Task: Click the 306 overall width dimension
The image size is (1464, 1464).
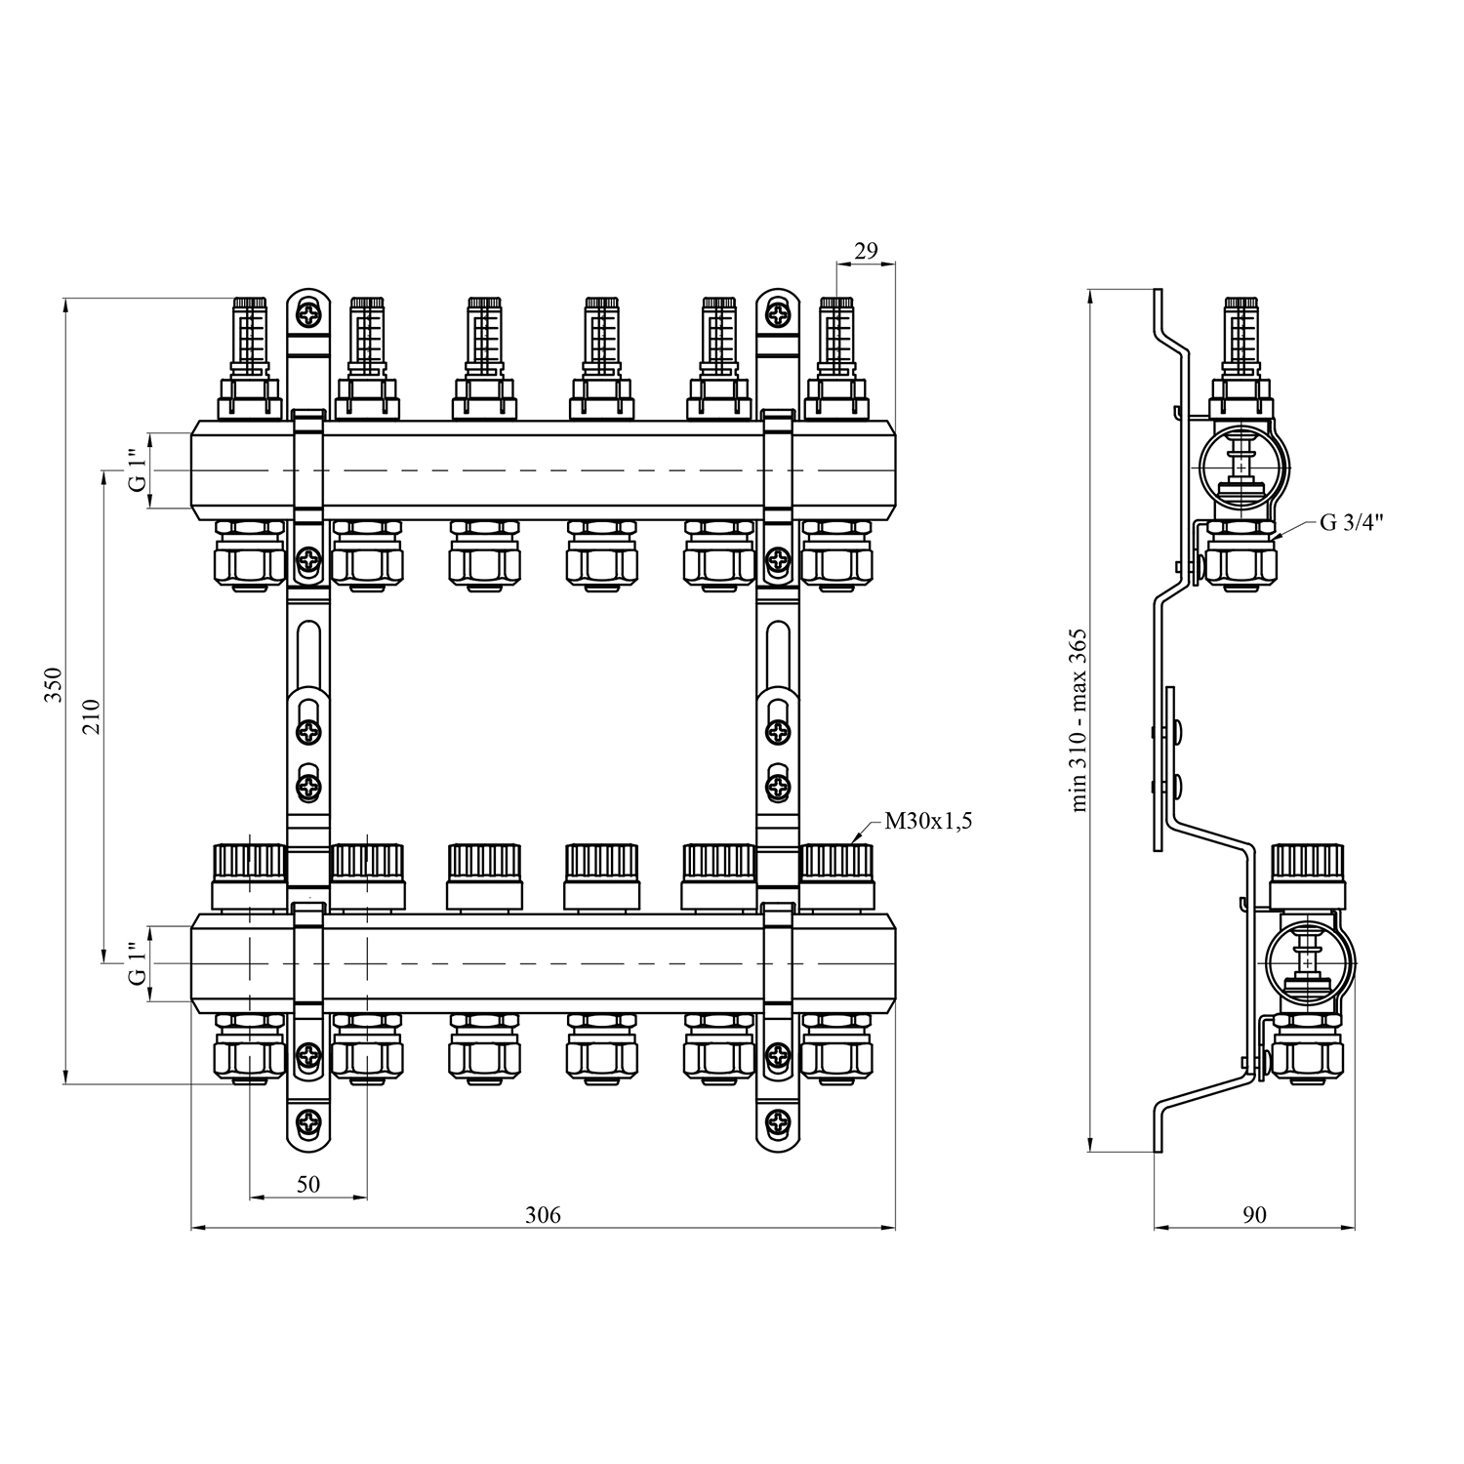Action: pos(543,1215)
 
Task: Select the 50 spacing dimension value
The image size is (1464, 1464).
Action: pos(307,1185)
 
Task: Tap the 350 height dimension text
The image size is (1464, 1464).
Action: pos(53,685)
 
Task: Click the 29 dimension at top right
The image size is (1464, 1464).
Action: pos(866,251)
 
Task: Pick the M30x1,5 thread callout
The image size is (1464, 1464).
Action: pos(927,822)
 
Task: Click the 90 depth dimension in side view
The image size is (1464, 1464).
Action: pos(1254,1215)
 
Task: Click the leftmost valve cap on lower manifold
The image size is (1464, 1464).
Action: pos(249,874)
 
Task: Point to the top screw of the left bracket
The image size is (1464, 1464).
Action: pos(308,315)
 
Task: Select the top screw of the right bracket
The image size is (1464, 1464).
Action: pos(777,315)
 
